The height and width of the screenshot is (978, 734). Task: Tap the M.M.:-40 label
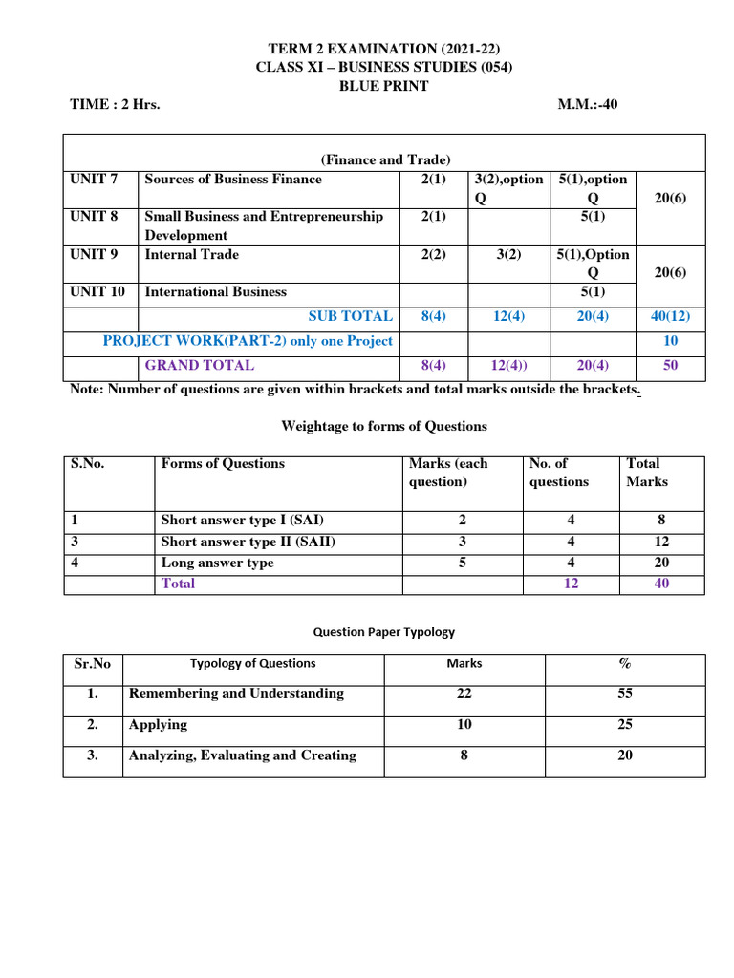click(588, 105)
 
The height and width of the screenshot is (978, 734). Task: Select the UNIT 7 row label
click(94, 179)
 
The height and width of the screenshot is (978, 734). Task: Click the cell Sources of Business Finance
click(233, 179)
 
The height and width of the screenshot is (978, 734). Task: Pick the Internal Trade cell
click(192, 254)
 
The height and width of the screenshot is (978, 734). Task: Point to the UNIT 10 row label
click(97, 291)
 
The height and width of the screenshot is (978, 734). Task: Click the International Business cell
click(215, 291)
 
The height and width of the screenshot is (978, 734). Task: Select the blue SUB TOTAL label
click(350, 316)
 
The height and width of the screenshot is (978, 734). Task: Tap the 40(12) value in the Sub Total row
click(669, 316)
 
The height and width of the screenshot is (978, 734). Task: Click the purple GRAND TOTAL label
click(199, 365)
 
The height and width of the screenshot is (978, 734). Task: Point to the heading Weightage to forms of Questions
click(384, 426)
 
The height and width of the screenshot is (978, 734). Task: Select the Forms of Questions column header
click(223, 463)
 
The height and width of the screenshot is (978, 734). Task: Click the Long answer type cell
click(217, 563)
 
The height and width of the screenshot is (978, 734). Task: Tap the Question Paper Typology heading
click(384, 631)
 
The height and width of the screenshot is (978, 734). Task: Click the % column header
click(624, 663)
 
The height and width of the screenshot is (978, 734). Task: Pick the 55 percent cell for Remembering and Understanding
click(624, 693)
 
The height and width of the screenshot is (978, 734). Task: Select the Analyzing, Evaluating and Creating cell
click(242, 755)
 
